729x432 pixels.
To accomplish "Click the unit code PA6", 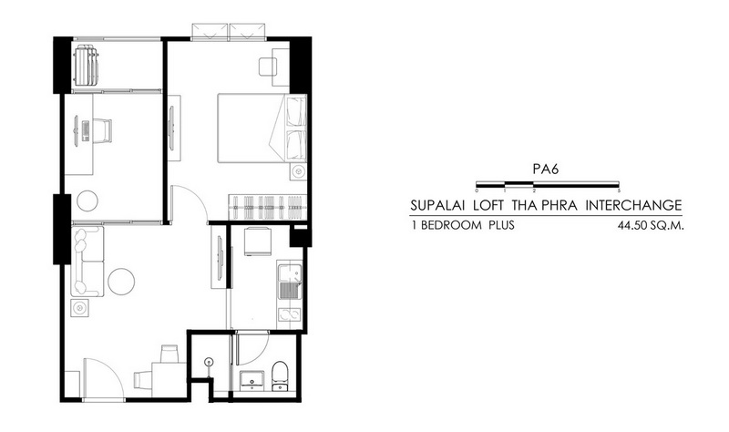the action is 545,169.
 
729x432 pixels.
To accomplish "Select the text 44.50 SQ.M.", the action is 651,226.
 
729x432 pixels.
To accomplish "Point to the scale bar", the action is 548,185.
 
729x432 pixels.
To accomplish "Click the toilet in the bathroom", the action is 280,375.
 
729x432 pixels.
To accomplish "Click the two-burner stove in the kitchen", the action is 290,314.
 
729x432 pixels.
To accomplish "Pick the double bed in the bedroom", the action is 262,129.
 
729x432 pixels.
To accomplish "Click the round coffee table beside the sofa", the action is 121,282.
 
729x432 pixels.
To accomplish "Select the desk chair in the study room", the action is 102,130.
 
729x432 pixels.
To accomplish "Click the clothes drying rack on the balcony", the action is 86,65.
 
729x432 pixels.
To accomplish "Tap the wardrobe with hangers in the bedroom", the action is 267,207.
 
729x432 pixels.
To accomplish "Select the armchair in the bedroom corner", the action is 268,67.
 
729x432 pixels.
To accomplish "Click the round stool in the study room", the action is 87,201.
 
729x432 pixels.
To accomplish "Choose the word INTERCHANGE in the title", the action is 633,205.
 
